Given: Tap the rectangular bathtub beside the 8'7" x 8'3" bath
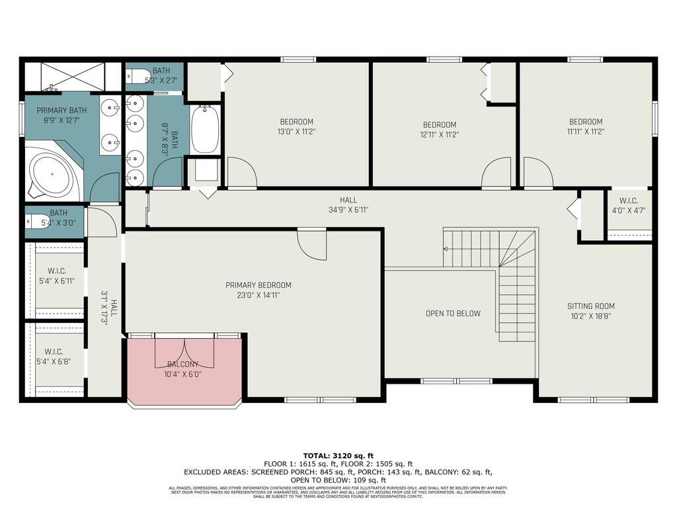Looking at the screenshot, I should (205, 130).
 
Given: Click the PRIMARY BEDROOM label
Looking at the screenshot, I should (258, 285).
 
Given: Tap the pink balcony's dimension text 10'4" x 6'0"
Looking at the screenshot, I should (184, 374).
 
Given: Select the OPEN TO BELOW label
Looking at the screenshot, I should (453, 313).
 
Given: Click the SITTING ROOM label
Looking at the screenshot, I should (590, 306).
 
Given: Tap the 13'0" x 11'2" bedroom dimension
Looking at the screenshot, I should (296, 131).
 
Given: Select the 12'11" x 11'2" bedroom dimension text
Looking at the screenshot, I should (440, 134).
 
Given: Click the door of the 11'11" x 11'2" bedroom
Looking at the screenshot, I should (538, 173).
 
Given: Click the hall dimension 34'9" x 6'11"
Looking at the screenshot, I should (348, 210).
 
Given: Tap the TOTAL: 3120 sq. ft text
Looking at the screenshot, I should (338, 456).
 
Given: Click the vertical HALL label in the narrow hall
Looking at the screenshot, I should (114, 308).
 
